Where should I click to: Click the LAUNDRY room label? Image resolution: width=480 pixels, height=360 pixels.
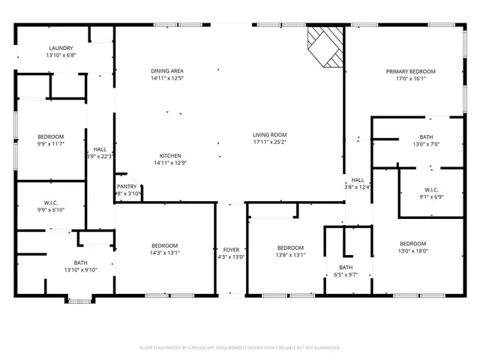pyautogui.click(x=61, y=48)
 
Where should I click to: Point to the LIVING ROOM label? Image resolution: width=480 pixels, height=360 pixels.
pyautogui.click(x=270, y=134)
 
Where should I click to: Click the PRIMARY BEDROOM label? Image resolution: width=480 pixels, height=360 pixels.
pyautogui.click(x=410, y=71)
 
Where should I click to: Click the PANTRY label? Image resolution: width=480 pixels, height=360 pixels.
pyautogui.click(x=127, y=187)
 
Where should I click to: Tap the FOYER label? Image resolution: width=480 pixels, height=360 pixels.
pyautogui.click(x=230, y=249)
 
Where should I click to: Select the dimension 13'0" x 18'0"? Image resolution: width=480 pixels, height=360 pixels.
pyautogui.click(x=412, y=251)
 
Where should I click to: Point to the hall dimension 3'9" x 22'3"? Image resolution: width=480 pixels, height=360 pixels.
pyautogui.click(x=100, y=157)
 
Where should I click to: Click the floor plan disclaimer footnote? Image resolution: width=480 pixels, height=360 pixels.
pyautogui.click(x=240, y=348)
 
